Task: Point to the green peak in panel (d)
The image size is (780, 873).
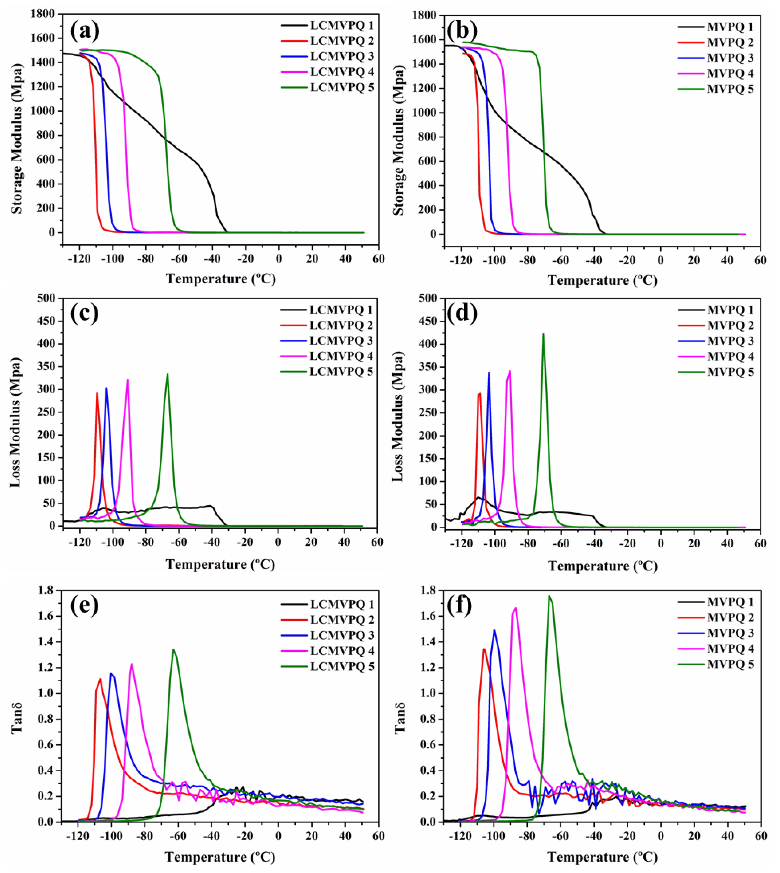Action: point(543,334)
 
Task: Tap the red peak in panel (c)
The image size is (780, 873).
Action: point(97,393)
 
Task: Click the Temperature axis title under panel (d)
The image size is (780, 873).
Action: point(602,566)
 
